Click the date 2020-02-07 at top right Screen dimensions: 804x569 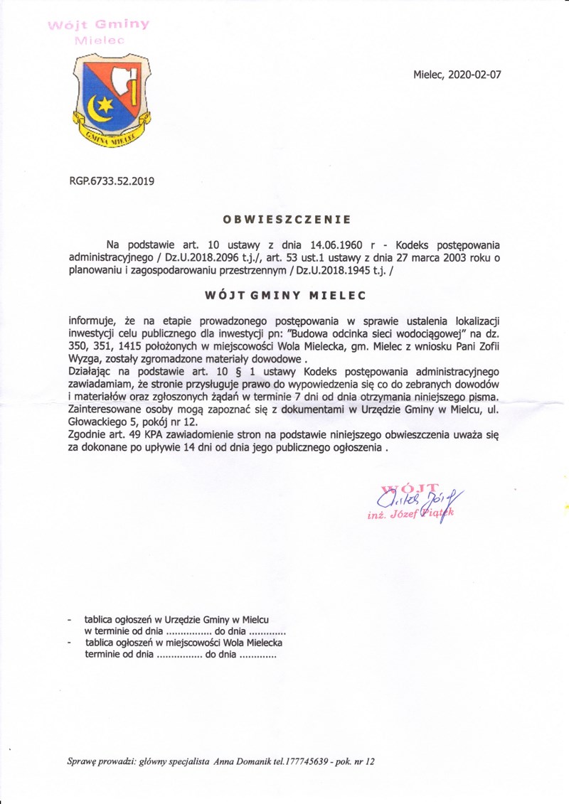(x=474, y=74)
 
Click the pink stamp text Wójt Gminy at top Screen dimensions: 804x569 (x=97, y=25)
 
